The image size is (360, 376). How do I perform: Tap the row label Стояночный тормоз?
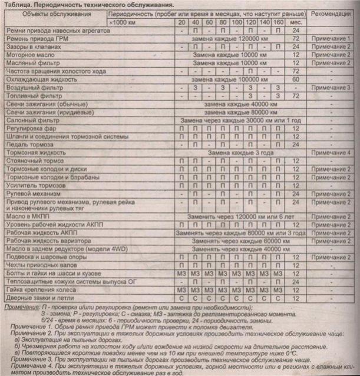tap(34, 161)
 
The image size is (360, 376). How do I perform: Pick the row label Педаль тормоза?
tap(28, 144)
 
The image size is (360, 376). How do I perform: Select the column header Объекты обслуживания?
tap(54, 12)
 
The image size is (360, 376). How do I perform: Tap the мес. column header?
tap(296, 21)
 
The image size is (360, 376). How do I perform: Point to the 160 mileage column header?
tap(278, 21)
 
